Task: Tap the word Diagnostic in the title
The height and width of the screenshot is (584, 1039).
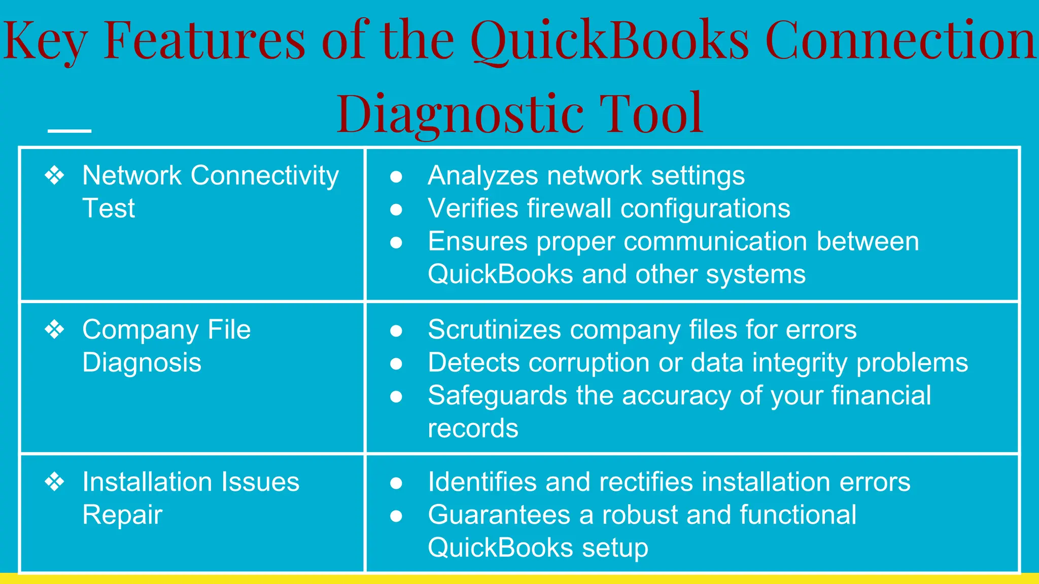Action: coord(459,114)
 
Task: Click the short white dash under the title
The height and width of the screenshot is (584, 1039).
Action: coord(70,131)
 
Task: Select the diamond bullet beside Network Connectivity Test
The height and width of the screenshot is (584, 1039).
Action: coord(55,175)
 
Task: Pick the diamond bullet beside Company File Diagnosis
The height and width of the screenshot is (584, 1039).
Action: coord(55,330)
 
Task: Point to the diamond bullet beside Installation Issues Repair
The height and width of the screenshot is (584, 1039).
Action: coord(55,482)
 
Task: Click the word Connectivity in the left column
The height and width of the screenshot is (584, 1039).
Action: coord(264,176)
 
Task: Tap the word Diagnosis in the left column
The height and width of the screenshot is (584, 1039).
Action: coord(142,362)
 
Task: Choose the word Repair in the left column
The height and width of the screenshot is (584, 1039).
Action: coord(122,515)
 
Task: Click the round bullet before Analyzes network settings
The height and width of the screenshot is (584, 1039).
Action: coord(396,176)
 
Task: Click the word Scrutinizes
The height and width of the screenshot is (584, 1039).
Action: coord(495,330)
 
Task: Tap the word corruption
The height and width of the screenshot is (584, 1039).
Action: coord(539,363)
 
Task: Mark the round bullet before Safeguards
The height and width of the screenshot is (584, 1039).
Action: coord(396,396)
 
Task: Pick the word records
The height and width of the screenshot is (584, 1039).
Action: coord(473,428)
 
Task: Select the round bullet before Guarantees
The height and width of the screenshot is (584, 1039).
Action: coord(396,516)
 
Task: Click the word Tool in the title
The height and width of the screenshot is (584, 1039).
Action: coord(651,114)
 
